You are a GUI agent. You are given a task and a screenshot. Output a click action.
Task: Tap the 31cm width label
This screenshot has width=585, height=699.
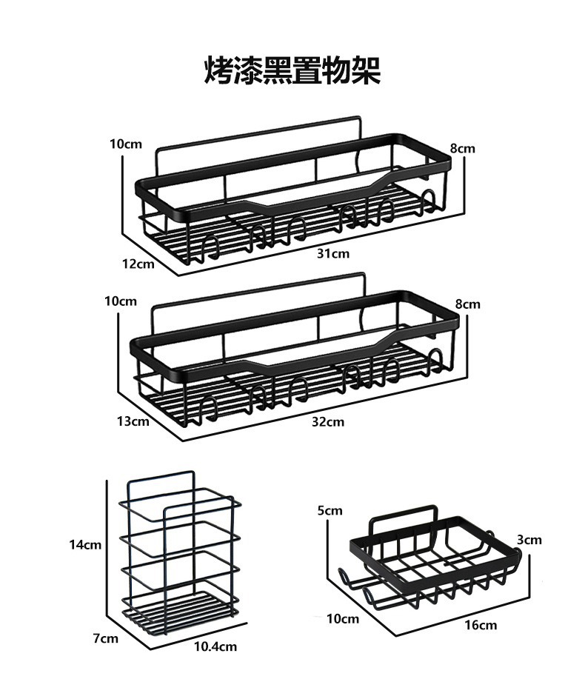point(333,254)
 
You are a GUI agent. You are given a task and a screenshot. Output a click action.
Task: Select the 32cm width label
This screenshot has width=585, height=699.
point(329,422)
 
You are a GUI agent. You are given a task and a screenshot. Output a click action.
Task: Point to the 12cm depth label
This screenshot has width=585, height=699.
point(138,264)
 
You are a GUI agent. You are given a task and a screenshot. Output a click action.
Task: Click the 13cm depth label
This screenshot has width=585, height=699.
point(133,421)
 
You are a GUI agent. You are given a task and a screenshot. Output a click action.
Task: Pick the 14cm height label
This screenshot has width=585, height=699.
point(85,545)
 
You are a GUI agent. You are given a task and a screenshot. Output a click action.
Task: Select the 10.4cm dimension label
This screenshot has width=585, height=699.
point(215,646)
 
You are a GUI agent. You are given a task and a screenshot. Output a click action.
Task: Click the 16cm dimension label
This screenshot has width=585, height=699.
point(481,625)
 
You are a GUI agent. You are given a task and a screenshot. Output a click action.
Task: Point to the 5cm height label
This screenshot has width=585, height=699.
point(330,510)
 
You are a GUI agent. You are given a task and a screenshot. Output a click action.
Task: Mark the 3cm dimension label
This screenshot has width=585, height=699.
point(529,540)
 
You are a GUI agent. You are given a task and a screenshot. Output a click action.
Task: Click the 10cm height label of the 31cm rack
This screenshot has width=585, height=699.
point(126,144)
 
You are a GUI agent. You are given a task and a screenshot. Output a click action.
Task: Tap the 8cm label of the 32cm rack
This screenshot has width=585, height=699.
point(467,304)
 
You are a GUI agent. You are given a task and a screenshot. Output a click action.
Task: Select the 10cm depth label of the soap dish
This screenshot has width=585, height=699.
point(343,618)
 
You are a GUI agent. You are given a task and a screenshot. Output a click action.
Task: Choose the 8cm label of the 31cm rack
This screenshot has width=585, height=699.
point(462,149)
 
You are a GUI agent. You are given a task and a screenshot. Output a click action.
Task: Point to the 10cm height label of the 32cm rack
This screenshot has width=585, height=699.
point(120,301)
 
